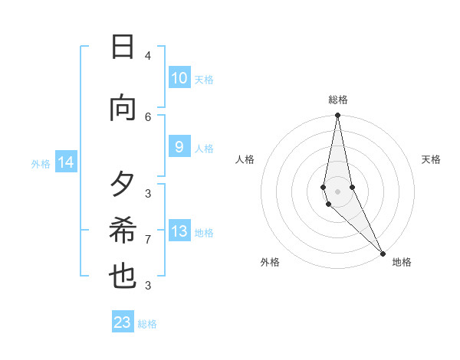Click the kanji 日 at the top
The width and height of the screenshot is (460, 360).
point(123,47)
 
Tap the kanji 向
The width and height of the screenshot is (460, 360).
point(123,109)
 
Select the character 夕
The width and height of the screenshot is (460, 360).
point(123,185)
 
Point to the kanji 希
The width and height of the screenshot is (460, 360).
point(123,231)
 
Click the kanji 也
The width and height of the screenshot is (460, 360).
point(123,277)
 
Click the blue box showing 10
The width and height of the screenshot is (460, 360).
point(179,78)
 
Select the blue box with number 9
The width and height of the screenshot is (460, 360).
point(179,147)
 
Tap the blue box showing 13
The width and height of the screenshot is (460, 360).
point(179,231)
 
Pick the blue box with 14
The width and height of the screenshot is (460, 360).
point(66,162)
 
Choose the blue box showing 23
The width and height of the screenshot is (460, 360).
point(123,322)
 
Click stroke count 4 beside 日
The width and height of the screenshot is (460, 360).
point(148,56)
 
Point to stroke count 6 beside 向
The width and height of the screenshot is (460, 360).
point(148,116)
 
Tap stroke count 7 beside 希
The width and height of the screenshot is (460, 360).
point(148,240)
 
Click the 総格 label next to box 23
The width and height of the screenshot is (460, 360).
point(148,324)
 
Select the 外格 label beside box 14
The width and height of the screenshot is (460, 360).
point(41,163)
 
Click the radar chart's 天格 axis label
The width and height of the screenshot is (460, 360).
point(431,159)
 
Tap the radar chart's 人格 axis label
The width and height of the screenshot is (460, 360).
point(245,159)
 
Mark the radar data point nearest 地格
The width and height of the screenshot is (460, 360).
point(383,253)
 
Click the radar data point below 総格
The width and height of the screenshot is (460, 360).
point(337,116)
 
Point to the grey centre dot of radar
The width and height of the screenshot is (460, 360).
point(337,191)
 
